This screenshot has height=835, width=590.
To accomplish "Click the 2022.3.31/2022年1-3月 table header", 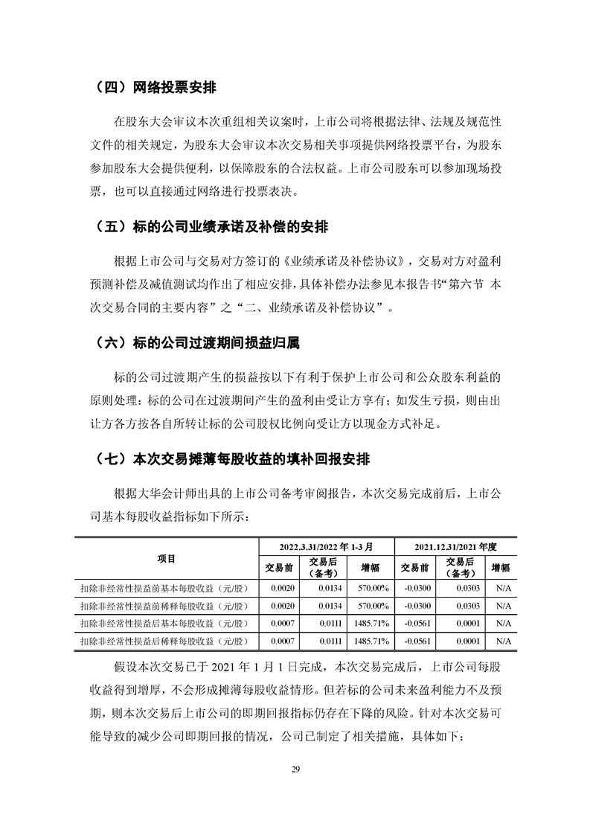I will coord(325,546).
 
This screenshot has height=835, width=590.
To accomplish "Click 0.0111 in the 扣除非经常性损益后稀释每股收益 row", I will coord(325,640).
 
